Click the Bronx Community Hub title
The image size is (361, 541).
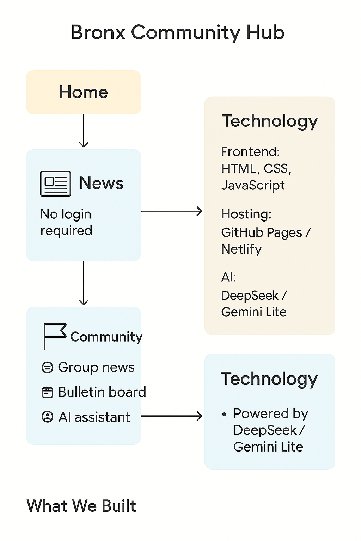(x=178, y=33)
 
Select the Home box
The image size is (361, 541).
(x=84, y=92)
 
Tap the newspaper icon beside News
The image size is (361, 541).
(x=55, y=184)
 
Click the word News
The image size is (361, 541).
(x=101, y=183)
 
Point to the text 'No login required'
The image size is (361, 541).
(x=66, y=222)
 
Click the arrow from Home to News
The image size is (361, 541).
(x=84, y=131)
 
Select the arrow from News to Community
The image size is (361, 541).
(x=84, y=283)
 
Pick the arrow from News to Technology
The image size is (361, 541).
(x=172, y=211)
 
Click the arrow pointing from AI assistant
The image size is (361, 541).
(x=172, y=416)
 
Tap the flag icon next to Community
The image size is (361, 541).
(x=55, y=336)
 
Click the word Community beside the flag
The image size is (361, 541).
(x=106, y=337)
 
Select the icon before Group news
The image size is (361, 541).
(x=47, y=368)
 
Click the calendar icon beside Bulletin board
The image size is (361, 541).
(x=47, y=392)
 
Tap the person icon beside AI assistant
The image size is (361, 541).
(x=47, y=417)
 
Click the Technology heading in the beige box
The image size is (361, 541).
(x=270, y=122)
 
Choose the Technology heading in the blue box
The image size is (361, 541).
(x=269, y=379)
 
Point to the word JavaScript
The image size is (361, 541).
(x=253, y=186)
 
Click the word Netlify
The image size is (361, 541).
(x=241, y=249)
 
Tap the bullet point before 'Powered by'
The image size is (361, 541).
(x=224, y=415)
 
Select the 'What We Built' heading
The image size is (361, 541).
(x=81, y=506)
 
